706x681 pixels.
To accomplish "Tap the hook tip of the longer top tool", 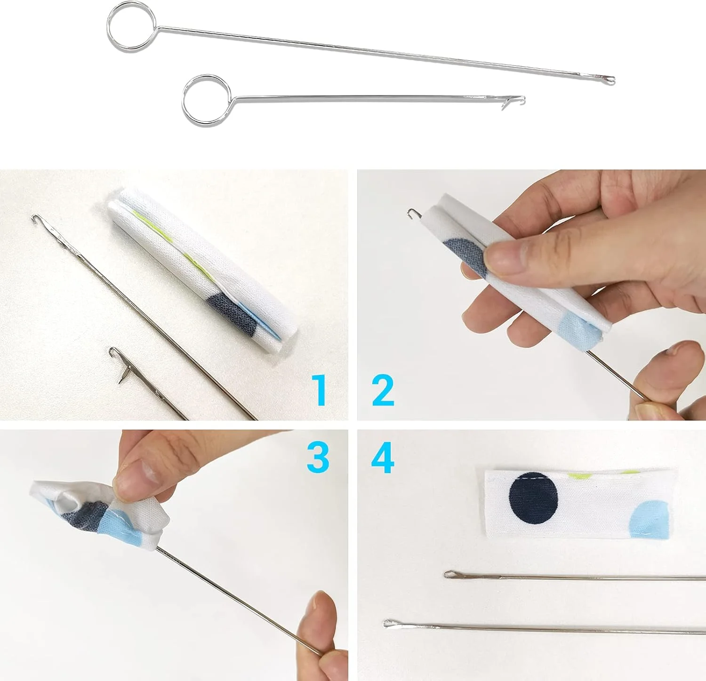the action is [x=610, y=80].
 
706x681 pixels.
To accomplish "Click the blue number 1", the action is [x=320, y=390].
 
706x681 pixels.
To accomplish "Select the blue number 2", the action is [x=383, y=390].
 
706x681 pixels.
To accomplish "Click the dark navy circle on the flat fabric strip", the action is [x=533, y=497].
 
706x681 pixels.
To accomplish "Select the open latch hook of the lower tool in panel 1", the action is [x=118, y=364].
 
